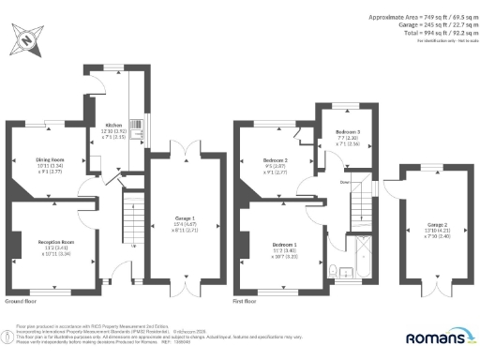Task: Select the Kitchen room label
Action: pyautogui.click(x=113, y=124)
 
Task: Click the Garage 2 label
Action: pyautogui.click(x=438, y=225)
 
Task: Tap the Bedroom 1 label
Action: pyautogui.click(x=284, y=243)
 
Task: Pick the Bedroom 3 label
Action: pyautogui.click(x=348, y=131)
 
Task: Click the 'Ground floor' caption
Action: pyautogui.click(x=21, y=302)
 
